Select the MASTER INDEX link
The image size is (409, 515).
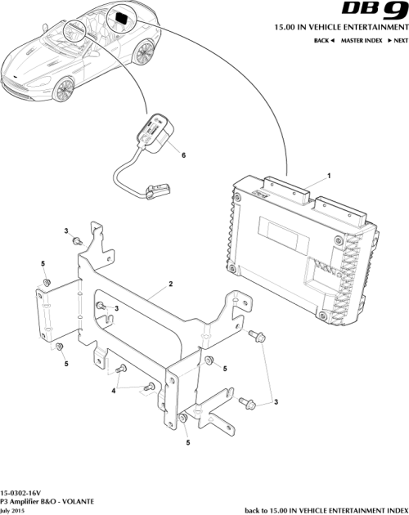[x=362, y=40]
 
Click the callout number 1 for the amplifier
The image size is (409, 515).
[x=329, y=176]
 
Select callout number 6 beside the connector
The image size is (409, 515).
[x=183, y=154]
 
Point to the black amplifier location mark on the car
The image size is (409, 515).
[x=121, y=17]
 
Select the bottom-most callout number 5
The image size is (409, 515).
[x=187, y=442]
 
